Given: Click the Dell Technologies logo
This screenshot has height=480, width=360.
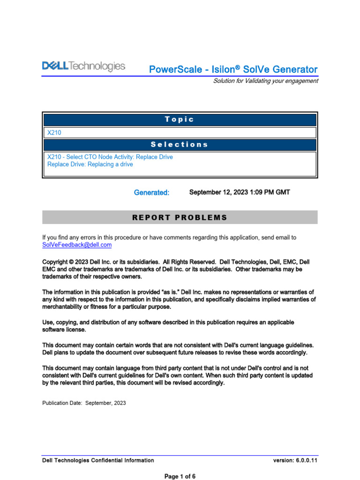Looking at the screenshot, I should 84,67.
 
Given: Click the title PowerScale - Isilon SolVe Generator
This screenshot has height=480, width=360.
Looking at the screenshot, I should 233,69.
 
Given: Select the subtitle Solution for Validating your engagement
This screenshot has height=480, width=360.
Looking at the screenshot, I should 265,81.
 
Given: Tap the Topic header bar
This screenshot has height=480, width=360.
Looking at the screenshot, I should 180,120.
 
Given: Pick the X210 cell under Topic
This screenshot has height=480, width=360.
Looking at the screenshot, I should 54,133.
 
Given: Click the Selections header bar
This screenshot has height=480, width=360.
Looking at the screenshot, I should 180,144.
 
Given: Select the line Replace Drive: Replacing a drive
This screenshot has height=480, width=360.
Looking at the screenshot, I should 90,165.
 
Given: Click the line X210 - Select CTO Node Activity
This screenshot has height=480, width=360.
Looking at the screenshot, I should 110,157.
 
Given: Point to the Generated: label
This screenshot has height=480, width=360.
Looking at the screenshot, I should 151,193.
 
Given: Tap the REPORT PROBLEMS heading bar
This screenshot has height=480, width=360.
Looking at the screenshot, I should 180,217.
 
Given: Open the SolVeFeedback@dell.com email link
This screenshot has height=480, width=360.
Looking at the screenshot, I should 77,245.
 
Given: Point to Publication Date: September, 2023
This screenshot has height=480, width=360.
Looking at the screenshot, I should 84,403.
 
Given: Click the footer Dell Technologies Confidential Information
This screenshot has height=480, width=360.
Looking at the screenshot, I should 98,460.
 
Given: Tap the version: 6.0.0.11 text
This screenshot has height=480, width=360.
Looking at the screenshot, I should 295,460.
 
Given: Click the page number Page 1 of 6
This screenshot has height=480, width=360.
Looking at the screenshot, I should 180,476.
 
